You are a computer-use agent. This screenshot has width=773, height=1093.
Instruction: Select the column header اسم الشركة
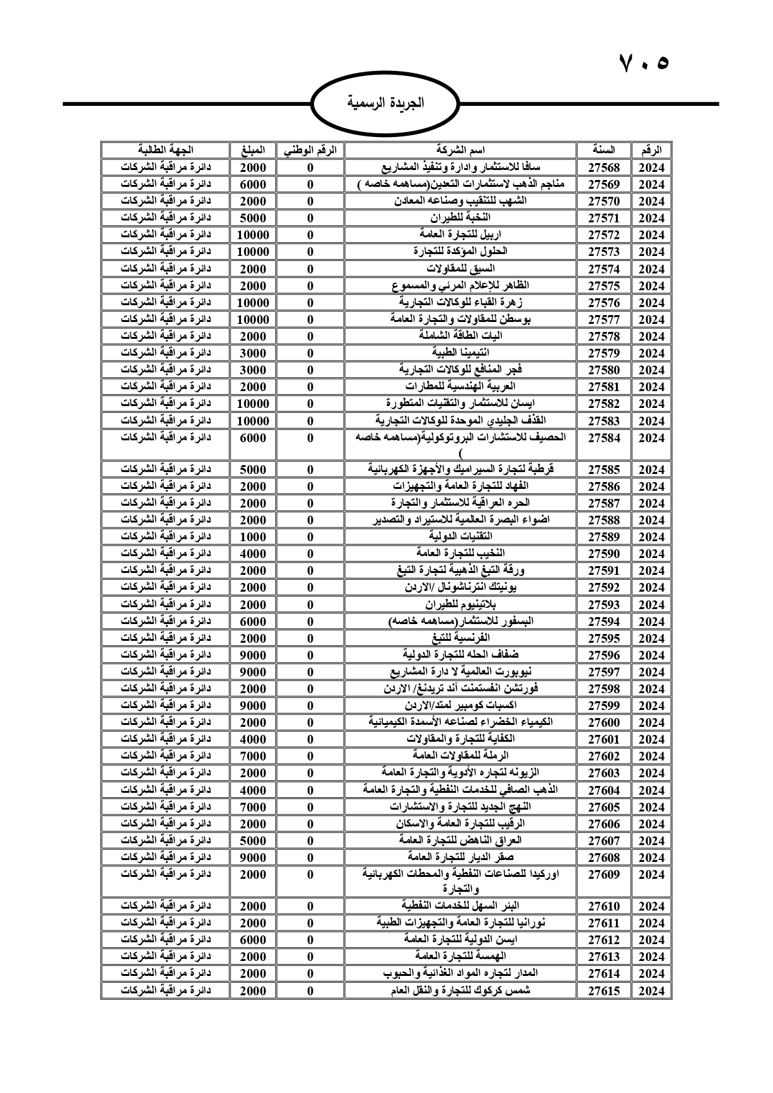tap(460, 150)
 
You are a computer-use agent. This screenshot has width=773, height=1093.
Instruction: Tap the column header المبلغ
tap(253, 150)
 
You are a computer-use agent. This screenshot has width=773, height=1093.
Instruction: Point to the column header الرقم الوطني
tap(310, 150)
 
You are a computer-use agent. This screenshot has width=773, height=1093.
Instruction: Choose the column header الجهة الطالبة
tap(166, 150)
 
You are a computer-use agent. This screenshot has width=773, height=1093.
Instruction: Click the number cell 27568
tap(604, 168)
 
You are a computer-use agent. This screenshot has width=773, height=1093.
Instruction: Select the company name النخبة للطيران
tap(460, 217)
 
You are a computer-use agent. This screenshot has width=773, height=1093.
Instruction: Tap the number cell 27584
tap(604, 438)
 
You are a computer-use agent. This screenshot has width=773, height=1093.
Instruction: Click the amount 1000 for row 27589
tap(253, 537)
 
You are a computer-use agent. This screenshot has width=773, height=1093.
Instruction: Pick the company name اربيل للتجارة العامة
tap(460, 234)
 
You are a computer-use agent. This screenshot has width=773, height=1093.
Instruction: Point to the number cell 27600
tap(604, 722)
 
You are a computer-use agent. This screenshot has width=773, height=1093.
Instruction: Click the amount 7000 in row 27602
tap(253, 756)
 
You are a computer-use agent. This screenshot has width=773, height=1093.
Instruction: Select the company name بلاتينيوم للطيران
tap(460, 604)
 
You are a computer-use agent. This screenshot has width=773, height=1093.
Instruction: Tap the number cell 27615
tap(604, 991)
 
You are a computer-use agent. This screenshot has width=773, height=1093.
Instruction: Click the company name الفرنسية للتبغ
tap(460, 638)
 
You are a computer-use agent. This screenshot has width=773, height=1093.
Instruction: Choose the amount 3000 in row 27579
tap(253, 353)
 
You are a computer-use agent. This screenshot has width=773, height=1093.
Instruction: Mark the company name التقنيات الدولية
tap(460, 536)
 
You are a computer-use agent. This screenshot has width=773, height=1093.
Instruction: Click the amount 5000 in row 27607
tap(253, 841)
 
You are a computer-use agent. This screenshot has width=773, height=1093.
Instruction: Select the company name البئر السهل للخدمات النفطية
tap(460, 906)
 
